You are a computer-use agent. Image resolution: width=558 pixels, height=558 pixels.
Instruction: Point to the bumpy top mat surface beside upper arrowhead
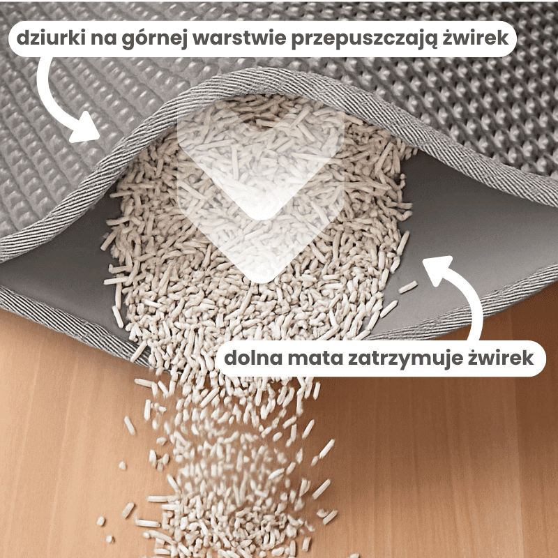[42, 160]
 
